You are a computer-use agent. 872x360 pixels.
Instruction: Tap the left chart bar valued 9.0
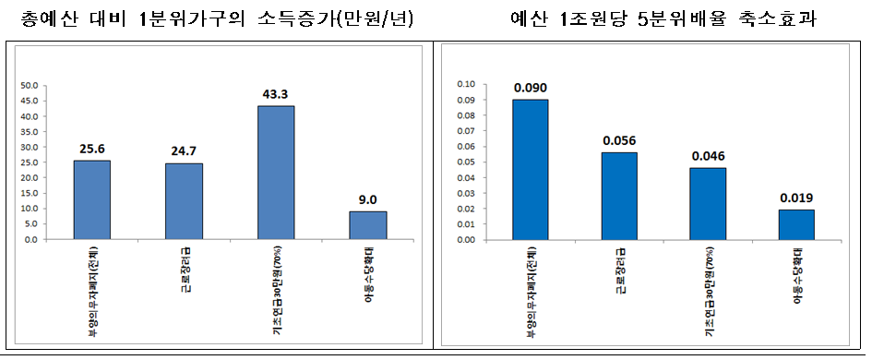367,225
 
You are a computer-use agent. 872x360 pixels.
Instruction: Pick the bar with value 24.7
184,201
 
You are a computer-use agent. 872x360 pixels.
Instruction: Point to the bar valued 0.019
796,224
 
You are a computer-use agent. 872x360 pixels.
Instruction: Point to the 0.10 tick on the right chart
465,84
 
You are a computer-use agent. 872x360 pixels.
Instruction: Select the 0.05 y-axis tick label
465,162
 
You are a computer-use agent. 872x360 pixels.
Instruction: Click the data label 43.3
275,94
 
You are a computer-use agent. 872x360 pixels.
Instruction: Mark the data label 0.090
530,88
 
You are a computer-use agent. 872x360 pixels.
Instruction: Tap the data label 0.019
796,198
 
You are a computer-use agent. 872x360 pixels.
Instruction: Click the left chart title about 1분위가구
217,19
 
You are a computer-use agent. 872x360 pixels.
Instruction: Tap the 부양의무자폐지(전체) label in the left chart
93,283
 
